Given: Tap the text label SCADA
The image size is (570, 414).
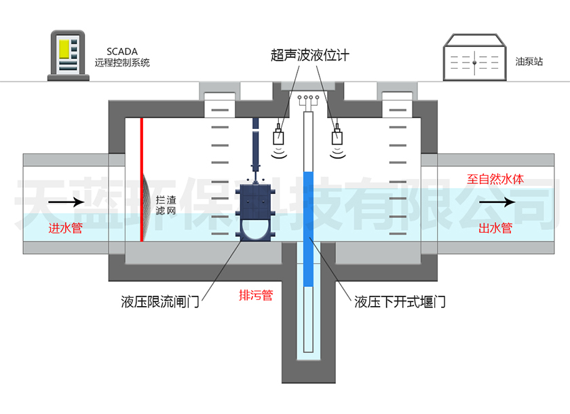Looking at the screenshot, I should pos(122,51).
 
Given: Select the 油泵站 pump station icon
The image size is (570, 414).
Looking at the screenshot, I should pos(475,59).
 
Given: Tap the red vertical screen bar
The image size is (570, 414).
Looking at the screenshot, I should pos(141,179).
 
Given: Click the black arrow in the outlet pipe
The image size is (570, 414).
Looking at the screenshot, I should pos(497,202).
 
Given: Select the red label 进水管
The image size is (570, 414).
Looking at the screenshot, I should pos(65,229).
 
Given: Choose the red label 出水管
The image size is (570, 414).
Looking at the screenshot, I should pos(495,229).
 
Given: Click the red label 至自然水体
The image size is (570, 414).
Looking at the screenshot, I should pos(495,181).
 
